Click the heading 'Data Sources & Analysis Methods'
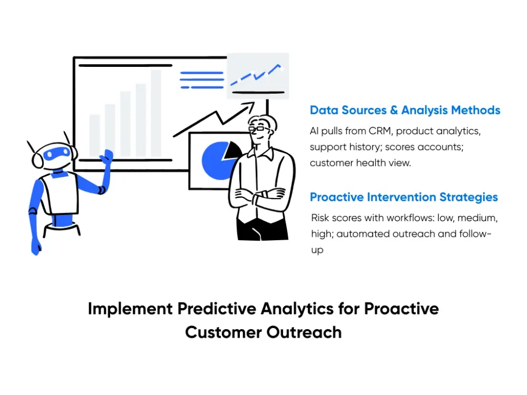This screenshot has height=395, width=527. click(405, 110)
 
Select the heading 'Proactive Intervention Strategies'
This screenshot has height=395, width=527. click(404, 197)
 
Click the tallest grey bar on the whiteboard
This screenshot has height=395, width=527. click(156, 113)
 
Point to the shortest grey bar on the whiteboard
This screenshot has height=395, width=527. click(95, 135)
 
